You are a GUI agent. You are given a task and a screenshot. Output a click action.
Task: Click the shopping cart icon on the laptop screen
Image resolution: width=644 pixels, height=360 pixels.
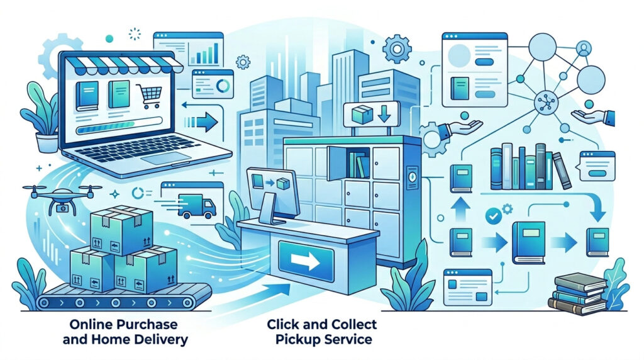(148, 96)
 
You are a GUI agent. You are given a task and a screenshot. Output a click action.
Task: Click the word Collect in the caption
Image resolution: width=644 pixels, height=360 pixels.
(351, 324)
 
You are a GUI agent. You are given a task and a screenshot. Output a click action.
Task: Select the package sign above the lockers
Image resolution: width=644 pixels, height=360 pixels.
(371, 114)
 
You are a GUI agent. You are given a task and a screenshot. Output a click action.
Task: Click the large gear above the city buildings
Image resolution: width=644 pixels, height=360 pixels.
(397, 49)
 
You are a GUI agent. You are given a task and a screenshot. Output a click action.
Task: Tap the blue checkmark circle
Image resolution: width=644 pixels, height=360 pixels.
(493, 216)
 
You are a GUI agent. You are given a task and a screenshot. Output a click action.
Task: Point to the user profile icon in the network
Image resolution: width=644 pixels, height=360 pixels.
(583, 48)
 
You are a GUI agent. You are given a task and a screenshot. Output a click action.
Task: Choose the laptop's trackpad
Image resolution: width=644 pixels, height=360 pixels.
(165, 158)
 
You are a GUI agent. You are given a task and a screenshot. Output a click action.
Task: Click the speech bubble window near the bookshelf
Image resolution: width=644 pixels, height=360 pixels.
(596, 166)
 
